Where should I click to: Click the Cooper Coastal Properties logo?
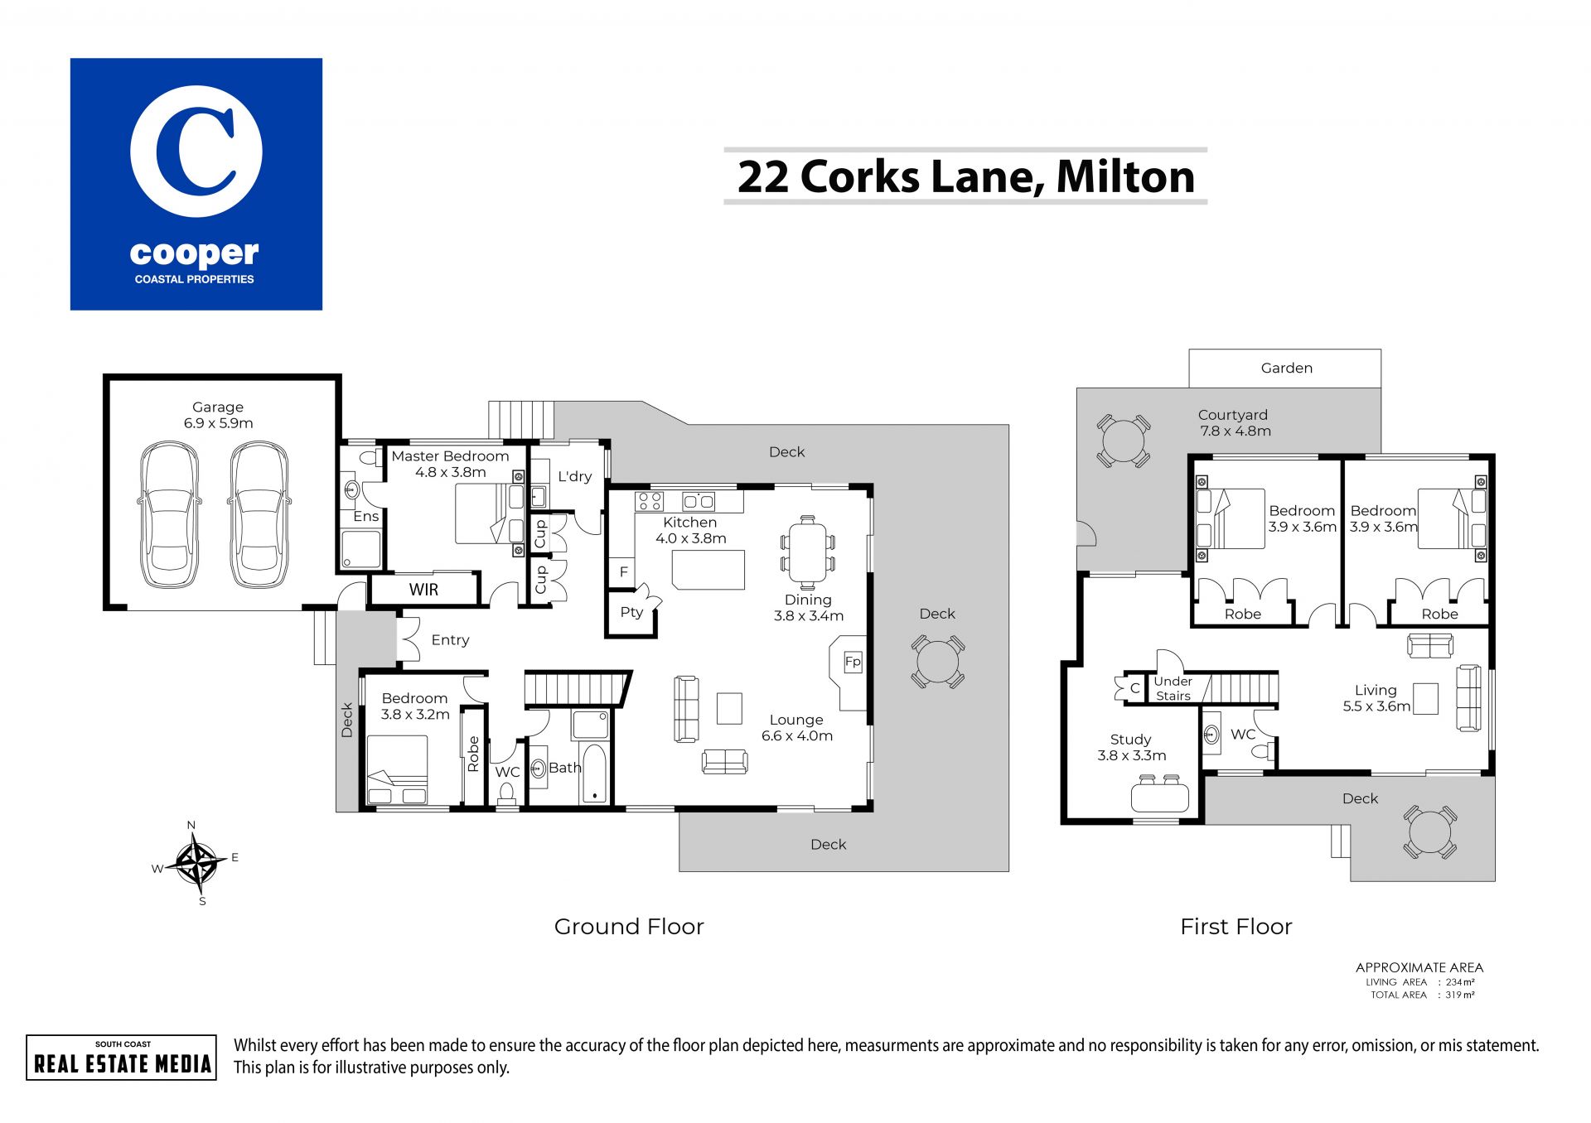click(x=196, y=184)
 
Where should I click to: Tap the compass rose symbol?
click(x=196, y=863)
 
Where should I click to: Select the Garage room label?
click(x=218, y=407)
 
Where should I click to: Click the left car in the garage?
click(x=169, y=514)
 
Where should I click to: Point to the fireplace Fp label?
click(x=853, y=662)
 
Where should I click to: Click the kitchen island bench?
click(x=708, y=569)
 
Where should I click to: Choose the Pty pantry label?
click(x=631, y=612)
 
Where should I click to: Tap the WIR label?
click(x=423, y=590)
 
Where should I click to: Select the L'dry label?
click(x=574, y=476)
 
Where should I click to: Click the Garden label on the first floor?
click(x=1287, y=368)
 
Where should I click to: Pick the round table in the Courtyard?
click(x=1123, y=441)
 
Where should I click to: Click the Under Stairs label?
click(x=1173, y=688)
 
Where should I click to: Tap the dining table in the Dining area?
click(x=807, y=552)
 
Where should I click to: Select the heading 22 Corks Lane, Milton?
click(x=965, y=176)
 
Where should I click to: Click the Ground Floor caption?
click(x=629, y=926)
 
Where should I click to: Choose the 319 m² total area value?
click(x=1460, y=995)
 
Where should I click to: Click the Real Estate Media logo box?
click(x=122, y=1058)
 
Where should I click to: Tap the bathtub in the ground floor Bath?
click(x=595, y=774)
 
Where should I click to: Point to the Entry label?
click(x=450, y=640)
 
